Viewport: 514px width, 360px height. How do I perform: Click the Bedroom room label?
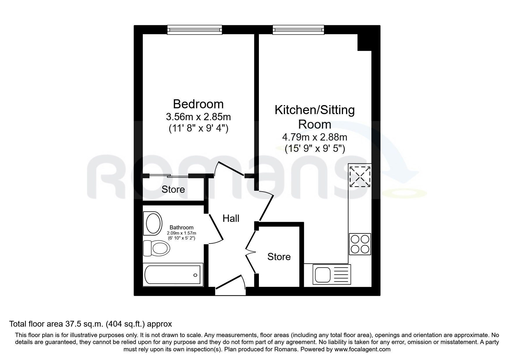click(x=198, y=104)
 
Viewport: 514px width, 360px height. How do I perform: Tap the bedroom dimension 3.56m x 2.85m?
click(x=198, y=117)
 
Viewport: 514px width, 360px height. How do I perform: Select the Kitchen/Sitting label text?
click(x=315, y=110)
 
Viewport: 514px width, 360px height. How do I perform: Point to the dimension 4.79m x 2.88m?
click(x=315, y=137)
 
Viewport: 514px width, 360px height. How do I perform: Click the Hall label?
click(x=231, y=218)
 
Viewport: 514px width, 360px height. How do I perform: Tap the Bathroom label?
click(x=181, y=228)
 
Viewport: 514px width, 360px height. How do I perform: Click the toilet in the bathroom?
click(x=156, y=248)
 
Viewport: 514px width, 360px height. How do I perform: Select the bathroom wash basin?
click(x=153, y=223)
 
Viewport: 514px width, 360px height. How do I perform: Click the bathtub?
click(x=173, y=275)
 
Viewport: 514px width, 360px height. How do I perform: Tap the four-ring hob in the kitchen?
click(x=360, y=244)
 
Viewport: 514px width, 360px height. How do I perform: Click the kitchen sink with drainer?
click(x=332, y=274)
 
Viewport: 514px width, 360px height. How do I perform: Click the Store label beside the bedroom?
click(x=173, y=190)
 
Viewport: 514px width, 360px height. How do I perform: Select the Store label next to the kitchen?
click(x=279, y=257)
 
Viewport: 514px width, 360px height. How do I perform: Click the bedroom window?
click(x=195, y=30)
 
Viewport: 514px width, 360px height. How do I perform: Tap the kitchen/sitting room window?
click(x=298, y=30)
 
